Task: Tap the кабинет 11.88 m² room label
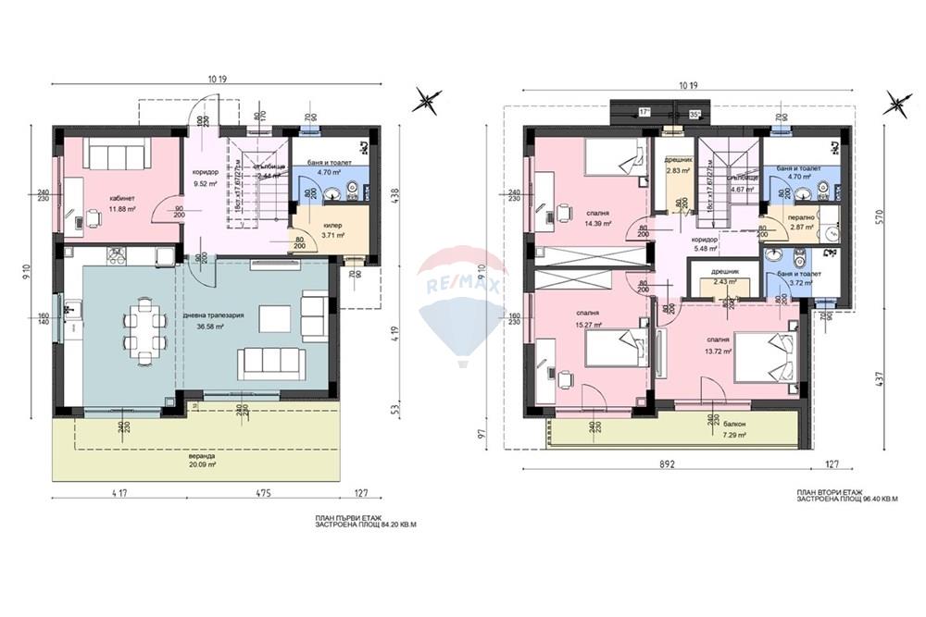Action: point(121,204)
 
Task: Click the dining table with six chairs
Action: point(144,329)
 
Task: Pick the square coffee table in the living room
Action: point(274,318)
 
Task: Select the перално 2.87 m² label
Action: point(801,220)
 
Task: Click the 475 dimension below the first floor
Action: point(263,494)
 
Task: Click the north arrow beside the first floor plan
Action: point(427,99)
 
